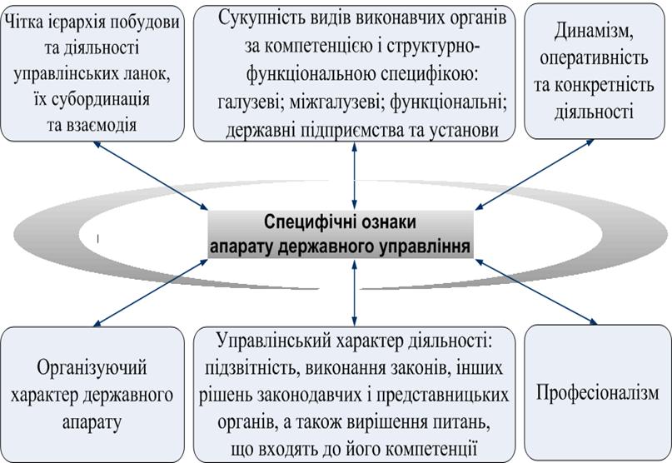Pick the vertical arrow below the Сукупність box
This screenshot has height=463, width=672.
[356, 175]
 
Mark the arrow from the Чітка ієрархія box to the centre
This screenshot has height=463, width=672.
[150, 176]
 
